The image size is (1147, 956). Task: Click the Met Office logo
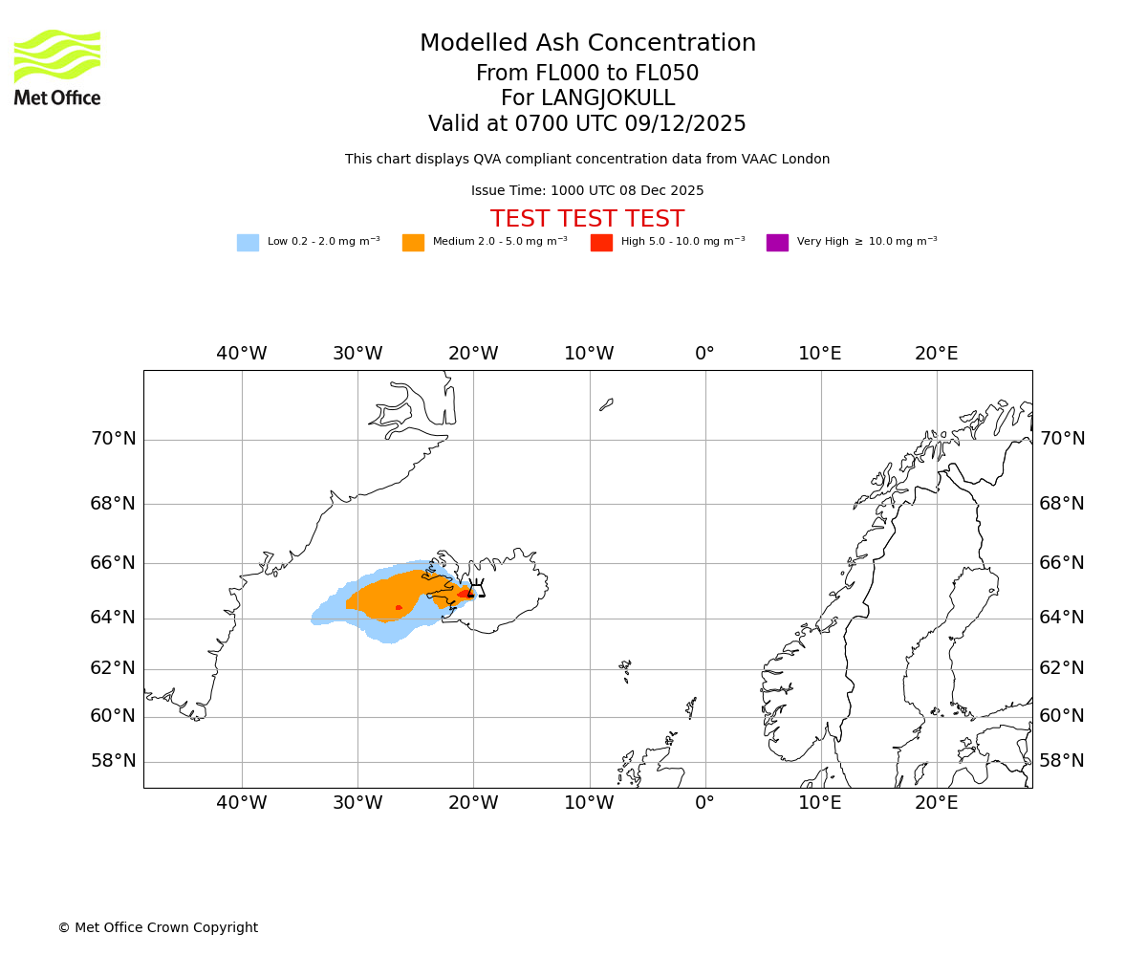point(57,67)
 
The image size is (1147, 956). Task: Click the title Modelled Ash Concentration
point(588,44)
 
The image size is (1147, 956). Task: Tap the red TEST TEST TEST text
point(587,219)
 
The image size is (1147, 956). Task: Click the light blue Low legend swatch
point(248,243)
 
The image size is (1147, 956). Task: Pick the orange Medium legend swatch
point(413,243)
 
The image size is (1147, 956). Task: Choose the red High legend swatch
point(601,243)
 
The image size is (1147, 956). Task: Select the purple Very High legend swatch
point(777,243)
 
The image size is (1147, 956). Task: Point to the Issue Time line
point(587,191)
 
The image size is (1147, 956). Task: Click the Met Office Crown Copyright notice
point(158,928)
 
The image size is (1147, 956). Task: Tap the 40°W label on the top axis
point(242,354)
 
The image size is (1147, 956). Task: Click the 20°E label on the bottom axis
point(936,804)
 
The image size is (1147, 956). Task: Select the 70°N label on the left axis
point(113,439)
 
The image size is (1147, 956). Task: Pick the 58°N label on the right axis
point(1062,761)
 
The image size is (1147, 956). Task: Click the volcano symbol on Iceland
point(476,590)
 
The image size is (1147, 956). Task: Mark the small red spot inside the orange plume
point(399,607)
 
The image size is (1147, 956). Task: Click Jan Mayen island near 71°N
point(606,404)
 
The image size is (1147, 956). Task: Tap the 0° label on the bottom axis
point(704,804)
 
